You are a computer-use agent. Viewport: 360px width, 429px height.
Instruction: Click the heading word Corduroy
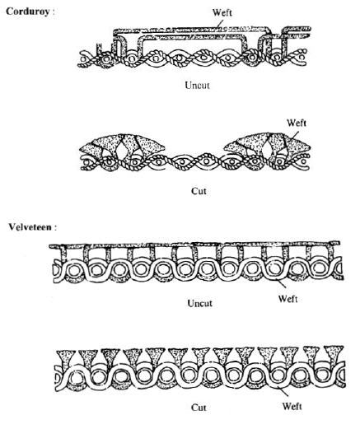[x=28, y=12]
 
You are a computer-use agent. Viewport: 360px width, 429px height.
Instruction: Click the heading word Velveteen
[x=30, y=227]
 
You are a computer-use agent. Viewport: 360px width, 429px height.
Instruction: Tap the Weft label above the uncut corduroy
[x=222, y=12]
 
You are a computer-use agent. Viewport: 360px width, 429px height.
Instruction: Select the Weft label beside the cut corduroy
[x=297, y=123]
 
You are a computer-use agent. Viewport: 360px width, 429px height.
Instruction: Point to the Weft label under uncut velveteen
[x=288, y=299]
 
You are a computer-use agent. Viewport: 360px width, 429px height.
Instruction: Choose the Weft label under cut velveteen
[x=292, y=406]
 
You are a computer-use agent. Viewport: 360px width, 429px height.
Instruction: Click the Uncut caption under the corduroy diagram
[x=197, y=86]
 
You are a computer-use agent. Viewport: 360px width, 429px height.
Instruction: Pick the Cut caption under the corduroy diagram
[x=199, y=191]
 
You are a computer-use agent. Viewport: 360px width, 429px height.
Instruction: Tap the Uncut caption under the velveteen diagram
[x=199, y=303]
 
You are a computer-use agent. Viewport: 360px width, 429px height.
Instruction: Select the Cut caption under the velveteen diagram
[x=199, y=408]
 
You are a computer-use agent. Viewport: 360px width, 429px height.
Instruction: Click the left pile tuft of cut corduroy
[x=122, y=146]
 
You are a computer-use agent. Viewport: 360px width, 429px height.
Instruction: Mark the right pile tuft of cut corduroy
[x=268, y=146]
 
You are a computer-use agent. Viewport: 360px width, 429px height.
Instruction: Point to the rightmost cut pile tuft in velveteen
[x=333, y=356]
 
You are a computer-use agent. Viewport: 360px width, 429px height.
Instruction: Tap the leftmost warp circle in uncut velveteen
[x=73, y=271]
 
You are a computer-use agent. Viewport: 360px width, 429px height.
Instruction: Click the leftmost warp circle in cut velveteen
[x=73, y=378]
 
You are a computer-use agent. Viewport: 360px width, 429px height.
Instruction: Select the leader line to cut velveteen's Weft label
[x=283, y=391]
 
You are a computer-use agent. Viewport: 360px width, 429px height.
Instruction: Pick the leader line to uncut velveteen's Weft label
[x=281, y=283]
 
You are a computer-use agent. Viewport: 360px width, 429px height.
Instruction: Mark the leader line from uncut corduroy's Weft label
[x=218, y=24]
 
